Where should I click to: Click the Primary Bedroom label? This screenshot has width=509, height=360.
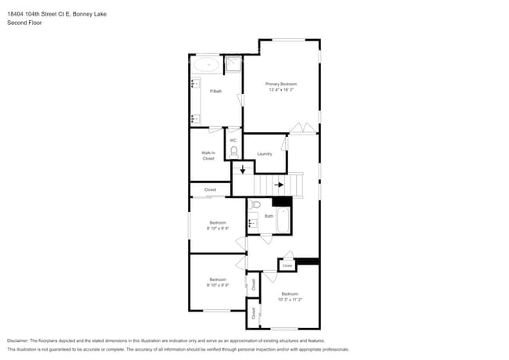281,84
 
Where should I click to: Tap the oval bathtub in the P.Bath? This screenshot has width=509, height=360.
207,65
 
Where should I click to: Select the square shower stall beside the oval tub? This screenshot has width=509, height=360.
233,65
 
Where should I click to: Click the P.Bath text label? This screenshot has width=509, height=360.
216,92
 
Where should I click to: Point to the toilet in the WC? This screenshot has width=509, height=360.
233,151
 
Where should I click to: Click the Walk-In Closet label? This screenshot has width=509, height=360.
208,155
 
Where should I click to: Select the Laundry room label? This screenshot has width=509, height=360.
265,153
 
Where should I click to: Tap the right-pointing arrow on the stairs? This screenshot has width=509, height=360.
279,185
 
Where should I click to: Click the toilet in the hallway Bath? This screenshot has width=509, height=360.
255,204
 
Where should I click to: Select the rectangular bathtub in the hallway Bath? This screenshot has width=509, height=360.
283,221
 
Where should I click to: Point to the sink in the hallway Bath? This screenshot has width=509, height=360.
253,223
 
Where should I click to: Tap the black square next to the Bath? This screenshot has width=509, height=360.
287,201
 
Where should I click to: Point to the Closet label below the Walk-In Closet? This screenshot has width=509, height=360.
210,189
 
